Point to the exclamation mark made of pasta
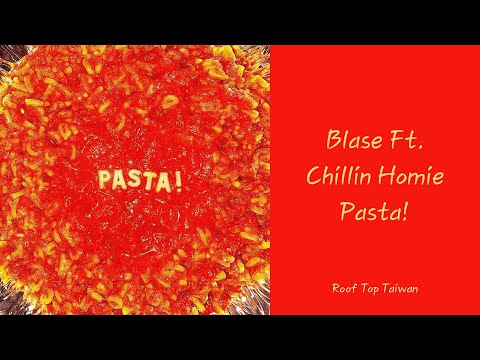178,179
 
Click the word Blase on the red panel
354,138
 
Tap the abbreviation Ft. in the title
405,138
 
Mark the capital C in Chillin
312,177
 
